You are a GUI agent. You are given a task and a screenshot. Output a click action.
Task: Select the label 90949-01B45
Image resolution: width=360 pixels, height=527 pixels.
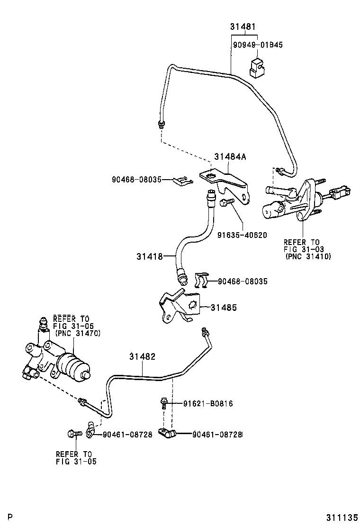[258, 45]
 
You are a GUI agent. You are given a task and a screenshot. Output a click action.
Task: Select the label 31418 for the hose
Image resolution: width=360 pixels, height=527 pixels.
[149, 256]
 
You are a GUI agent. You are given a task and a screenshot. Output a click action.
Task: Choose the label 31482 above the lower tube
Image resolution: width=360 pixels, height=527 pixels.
[143, 356]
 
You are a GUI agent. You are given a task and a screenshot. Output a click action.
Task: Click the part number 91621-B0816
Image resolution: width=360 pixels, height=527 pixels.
[208, 403]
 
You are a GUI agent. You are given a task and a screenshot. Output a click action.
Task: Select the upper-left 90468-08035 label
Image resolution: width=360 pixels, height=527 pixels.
[137, 180]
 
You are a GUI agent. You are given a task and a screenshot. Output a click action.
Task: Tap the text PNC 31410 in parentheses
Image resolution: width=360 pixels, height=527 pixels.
[308, 256]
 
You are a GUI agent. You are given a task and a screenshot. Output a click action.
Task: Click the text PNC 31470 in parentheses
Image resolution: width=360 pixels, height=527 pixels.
[78, 333]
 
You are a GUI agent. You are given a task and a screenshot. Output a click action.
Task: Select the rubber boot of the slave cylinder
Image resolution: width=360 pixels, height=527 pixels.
[73, 366]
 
